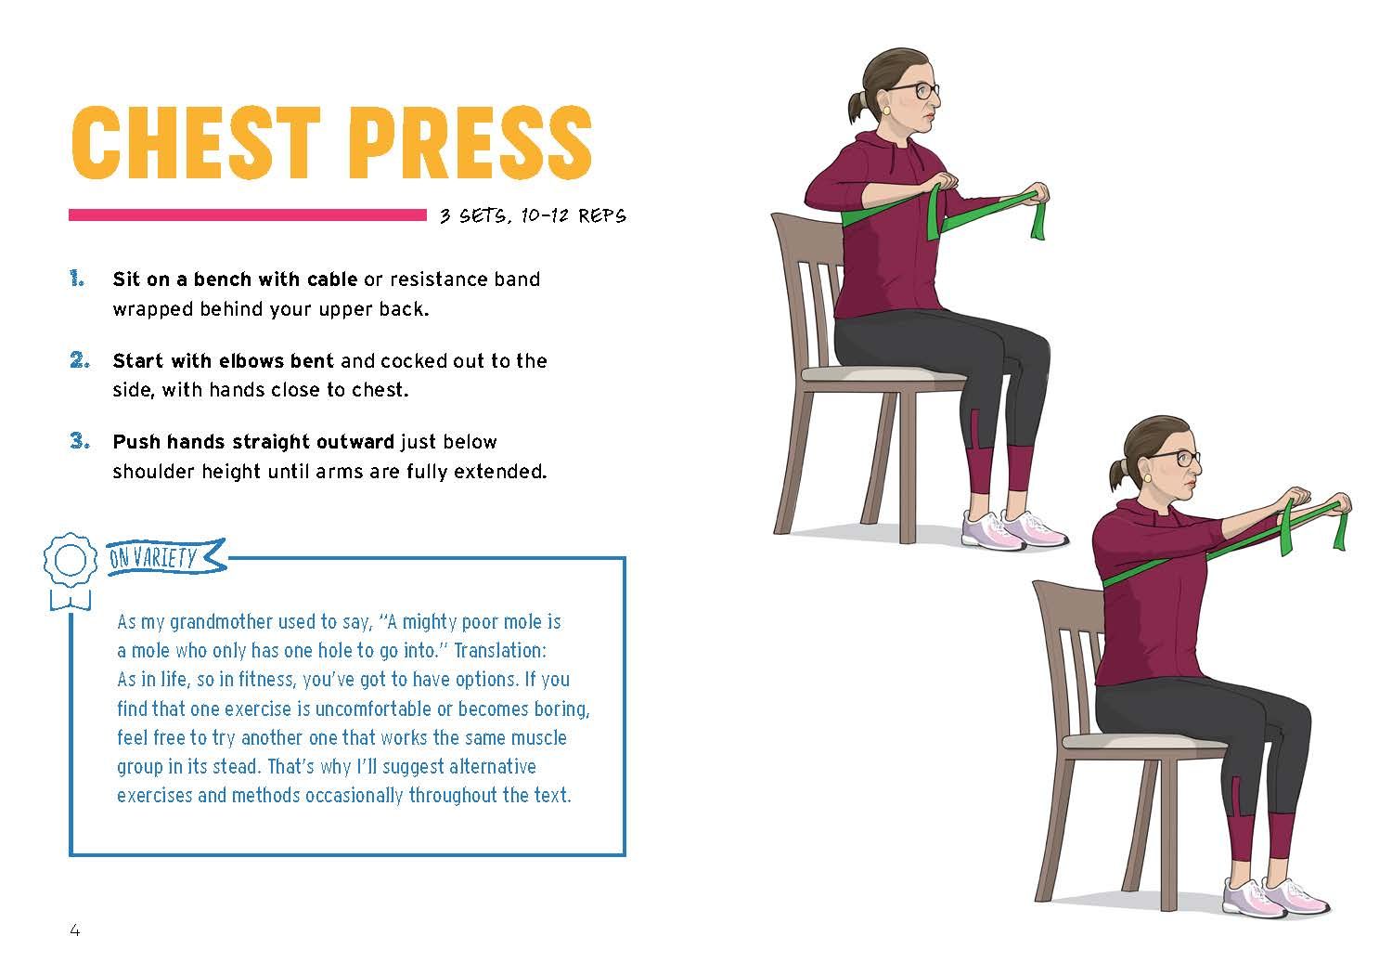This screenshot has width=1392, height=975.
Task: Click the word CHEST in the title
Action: pos(196,142)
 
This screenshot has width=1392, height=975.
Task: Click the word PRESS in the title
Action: pos(470,142)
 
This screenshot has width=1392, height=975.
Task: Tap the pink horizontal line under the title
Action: pos(248,215)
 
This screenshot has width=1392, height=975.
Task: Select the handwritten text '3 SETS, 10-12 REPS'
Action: pos(534,215)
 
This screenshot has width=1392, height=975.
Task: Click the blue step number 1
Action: pos(77,278)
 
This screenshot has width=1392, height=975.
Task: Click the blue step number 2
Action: pos(80,360)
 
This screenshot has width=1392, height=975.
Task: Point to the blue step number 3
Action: pos(80,441)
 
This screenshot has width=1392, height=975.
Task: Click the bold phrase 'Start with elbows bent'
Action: pos(223,360)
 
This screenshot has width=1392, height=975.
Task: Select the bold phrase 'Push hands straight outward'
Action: pos(253,441)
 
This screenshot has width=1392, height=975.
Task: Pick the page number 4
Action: pos(74,930)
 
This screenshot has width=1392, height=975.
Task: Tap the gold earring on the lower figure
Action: pos(1146,478)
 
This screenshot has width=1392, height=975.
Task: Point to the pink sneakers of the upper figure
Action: pos(1014,529)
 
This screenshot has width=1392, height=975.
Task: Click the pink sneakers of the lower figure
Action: pos(1275,896)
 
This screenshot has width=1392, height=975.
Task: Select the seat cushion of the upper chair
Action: pos(883,374)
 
